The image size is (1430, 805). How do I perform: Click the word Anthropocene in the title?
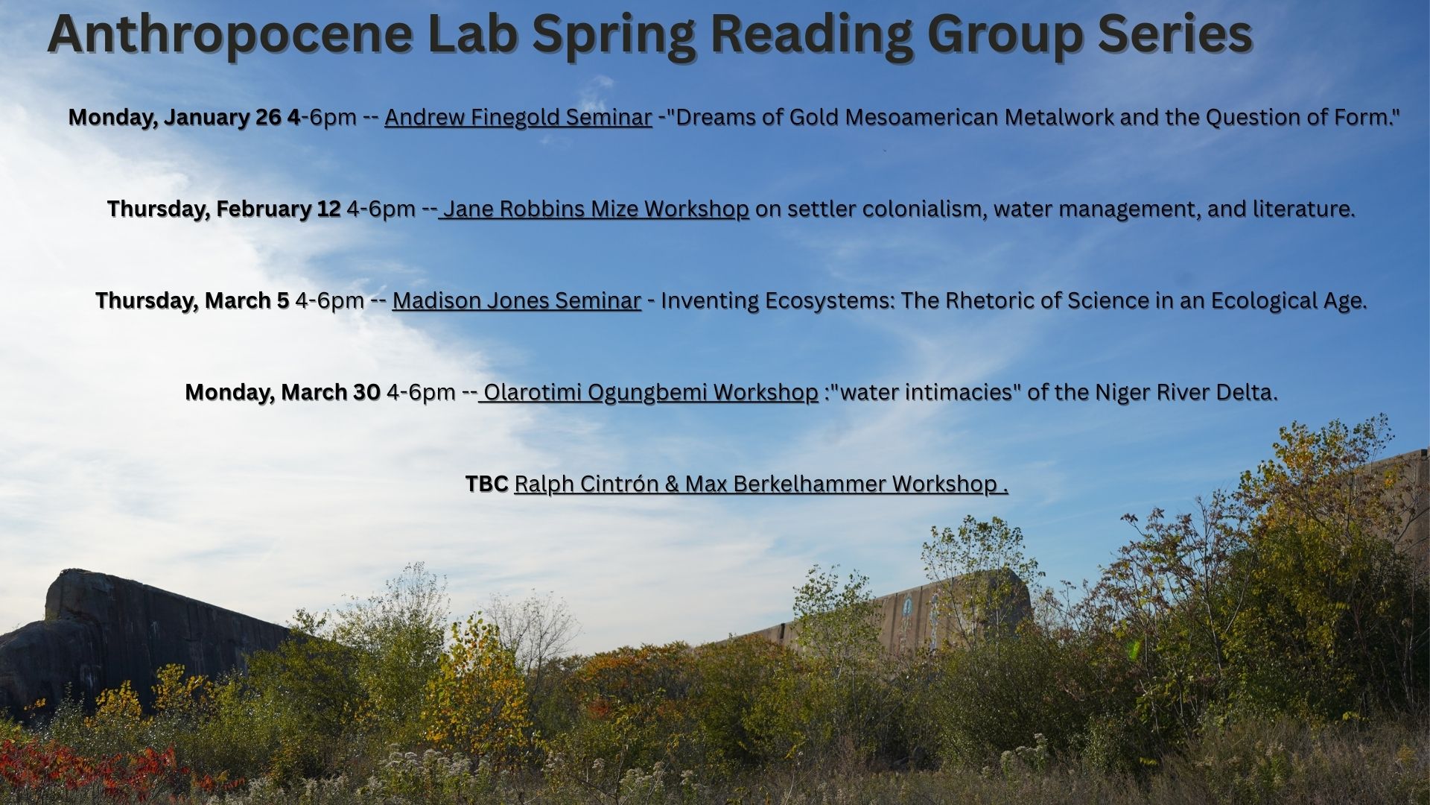point(230,34)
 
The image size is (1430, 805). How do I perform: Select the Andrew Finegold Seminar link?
point(518,117)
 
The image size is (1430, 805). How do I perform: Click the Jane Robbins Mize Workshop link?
point(594,209)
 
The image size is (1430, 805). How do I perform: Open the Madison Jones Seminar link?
point(517,300)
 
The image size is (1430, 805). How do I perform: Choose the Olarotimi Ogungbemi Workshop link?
point(648,392)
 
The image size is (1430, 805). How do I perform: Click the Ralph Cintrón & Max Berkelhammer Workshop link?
point(761,484)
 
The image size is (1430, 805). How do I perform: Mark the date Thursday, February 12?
point(224,209)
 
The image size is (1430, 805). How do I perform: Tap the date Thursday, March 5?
point(192,300)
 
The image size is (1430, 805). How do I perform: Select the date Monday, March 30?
point(283,392)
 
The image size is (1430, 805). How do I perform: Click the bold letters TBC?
point(486,484)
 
